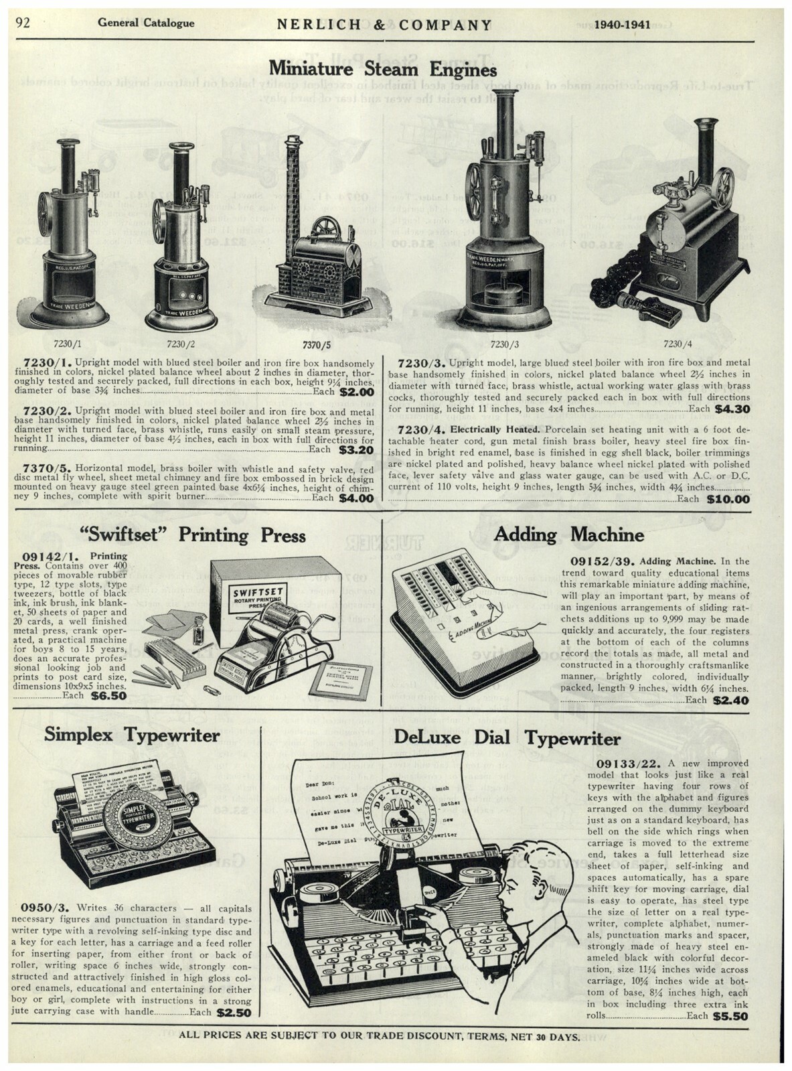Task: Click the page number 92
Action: click(x=24, y=23)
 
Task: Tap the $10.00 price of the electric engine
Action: click(x=732, y=498)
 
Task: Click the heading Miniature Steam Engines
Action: click(x=382, y=69)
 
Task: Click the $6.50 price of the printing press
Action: click(x=108, y=696)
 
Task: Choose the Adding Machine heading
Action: click(x=568, y=534)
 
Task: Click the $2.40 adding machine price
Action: click(x=731, y=701)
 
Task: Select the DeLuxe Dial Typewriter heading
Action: click(x=507, y=738)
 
